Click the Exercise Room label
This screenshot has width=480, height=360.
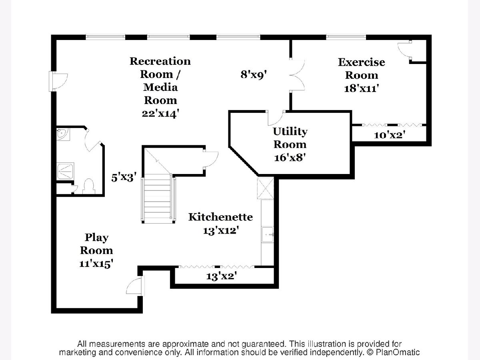[361, 68]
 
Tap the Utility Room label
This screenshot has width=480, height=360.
[290, 138]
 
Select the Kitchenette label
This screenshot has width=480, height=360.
[220, 217]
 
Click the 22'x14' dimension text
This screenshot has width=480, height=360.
[160, 113]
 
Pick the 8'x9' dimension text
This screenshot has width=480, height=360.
[254, 74]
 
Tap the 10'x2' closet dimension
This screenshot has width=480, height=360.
[390, 135]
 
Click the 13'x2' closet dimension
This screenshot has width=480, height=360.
[222, 276]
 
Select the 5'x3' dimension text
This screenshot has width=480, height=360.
[127, 177]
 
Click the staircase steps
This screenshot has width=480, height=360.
[158, 198]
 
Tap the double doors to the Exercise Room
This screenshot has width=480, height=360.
[298, 74]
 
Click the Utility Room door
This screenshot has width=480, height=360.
[276, 117]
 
